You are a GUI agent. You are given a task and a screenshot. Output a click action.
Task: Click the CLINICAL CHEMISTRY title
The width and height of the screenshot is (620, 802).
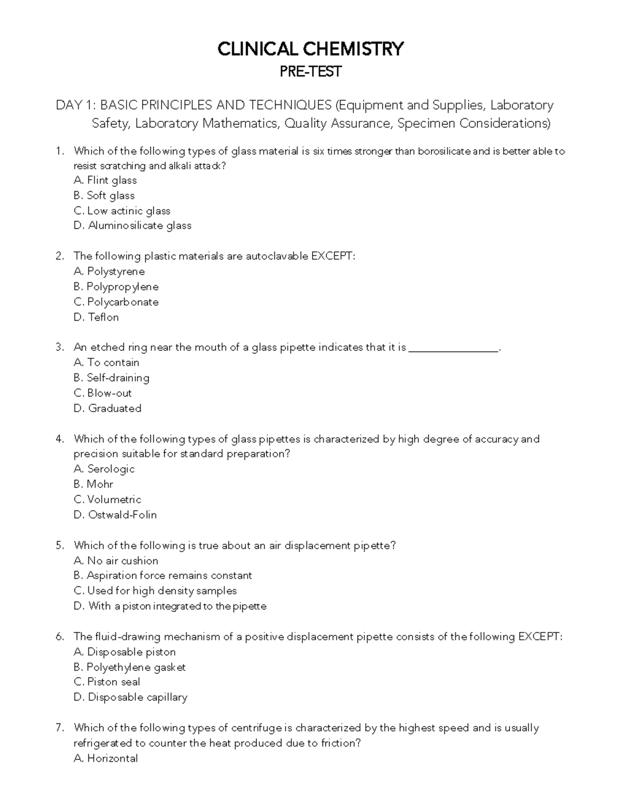310,49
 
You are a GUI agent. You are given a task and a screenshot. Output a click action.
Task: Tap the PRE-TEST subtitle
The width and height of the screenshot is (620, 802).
310,72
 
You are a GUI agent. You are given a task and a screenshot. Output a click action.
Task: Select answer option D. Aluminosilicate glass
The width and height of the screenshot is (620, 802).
133,226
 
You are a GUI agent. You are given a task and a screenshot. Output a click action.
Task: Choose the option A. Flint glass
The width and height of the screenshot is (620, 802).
105,180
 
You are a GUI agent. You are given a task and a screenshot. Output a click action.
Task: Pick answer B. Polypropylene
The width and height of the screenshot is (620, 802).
116,287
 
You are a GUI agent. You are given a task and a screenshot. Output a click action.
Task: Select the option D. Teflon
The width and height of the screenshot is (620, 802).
97,317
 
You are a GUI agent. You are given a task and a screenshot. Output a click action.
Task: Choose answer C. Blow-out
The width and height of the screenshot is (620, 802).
103,393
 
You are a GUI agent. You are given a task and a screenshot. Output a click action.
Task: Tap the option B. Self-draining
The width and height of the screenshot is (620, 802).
112,378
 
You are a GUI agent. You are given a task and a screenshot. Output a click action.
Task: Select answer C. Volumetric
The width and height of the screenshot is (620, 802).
107,499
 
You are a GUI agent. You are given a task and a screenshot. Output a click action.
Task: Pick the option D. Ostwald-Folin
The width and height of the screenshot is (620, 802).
115,515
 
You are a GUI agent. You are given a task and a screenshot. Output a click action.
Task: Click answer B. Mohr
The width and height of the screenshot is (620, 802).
94,484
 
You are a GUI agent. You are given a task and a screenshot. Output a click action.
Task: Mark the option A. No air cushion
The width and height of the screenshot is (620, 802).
116,561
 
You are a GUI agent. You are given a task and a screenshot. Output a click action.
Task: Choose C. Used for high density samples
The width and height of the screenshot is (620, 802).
156,591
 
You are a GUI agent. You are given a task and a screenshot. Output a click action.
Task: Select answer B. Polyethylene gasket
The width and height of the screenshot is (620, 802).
130,667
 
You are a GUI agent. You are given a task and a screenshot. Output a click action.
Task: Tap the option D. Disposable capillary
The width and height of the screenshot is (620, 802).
131,697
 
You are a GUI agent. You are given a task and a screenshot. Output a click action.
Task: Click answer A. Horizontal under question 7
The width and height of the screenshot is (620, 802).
106,758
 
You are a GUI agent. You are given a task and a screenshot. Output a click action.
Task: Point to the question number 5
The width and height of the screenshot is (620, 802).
59,545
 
